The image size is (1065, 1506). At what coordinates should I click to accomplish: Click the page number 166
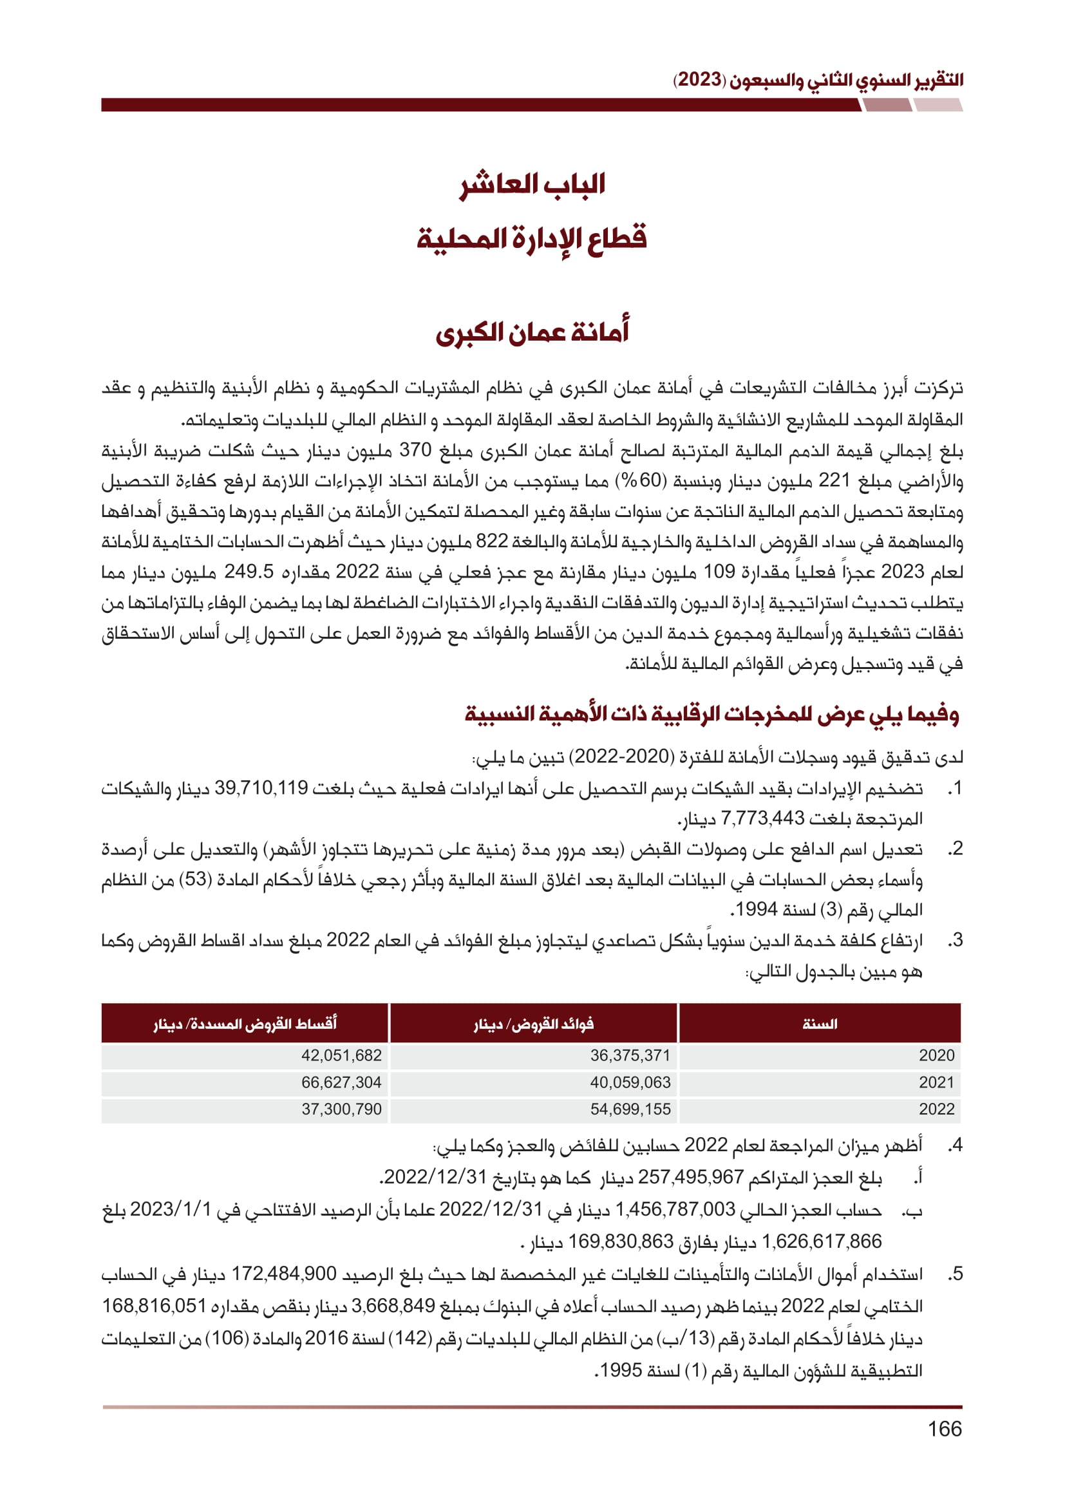pos(945,1429)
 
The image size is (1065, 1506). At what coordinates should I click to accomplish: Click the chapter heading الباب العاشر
pos(532,185)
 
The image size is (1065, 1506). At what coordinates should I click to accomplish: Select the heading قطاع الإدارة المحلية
pos(532,238)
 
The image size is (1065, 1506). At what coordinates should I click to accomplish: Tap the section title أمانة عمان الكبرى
pos(532,332)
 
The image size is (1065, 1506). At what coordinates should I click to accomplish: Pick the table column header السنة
pos(819,1024)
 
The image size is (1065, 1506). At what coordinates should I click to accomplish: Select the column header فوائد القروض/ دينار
pos(533,1024)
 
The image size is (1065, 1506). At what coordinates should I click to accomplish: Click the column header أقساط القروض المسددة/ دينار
pos(245,1024)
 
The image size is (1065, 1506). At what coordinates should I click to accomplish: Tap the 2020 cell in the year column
pos(936,1055)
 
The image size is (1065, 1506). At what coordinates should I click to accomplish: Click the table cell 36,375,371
pos(630,1055)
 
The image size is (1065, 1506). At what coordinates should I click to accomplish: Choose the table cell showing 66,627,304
pos(341,1082)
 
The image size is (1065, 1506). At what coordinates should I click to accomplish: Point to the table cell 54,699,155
pos(630,1109)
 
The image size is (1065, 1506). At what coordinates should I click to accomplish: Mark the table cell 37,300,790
pos(341,1109)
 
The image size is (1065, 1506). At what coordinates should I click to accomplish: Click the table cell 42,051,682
pos(341,1055)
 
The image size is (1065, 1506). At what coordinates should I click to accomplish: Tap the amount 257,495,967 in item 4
pos(690,1178)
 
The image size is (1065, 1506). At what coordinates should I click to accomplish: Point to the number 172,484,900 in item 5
pos(284,1274)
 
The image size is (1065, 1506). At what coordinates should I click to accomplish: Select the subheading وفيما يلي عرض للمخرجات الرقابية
pos(712,713)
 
